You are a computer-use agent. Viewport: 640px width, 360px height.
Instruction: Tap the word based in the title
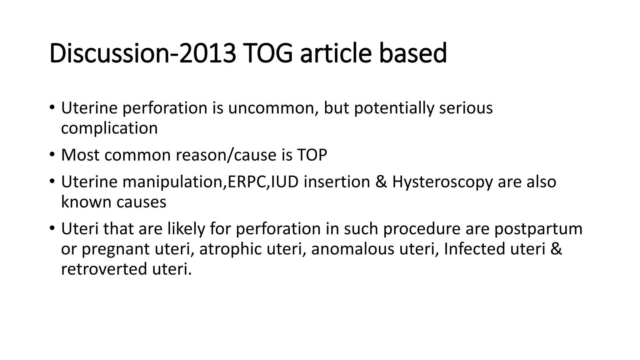(413, 53)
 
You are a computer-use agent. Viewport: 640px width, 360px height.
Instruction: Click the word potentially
(394, 109)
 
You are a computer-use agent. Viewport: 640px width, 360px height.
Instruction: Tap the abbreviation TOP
(312, 155)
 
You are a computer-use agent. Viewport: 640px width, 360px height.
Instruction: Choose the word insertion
(337, 182)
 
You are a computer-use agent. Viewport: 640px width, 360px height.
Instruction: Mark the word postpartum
(538, 229)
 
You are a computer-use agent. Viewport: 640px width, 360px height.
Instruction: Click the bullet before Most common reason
(52, 155)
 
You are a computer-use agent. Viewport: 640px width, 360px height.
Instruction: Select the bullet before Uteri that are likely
(52, 229)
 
